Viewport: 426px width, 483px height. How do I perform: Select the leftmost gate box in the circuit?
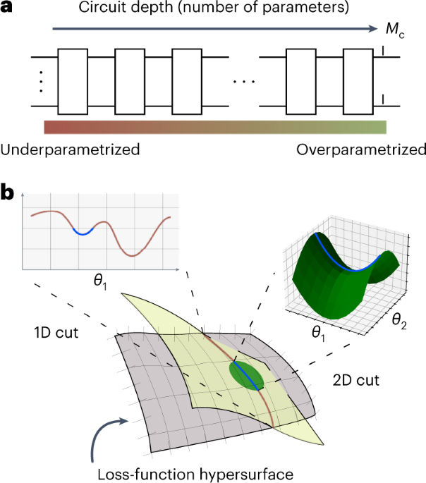[x=73, y=81]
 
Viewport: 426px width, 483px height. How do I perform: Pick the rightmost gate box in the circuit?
[x=358, y=81]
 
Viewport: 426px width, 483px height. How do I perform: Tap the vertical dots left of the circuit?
[x=41, y=80]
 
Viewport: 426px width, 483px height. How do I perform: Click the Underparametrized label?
[x=70, y=149]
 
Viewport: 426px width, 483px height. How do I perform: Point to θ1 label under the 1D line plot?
[x=97, y=281]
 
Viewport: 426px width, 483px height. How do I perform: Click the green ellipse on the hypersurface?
[x=247, y=376]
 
